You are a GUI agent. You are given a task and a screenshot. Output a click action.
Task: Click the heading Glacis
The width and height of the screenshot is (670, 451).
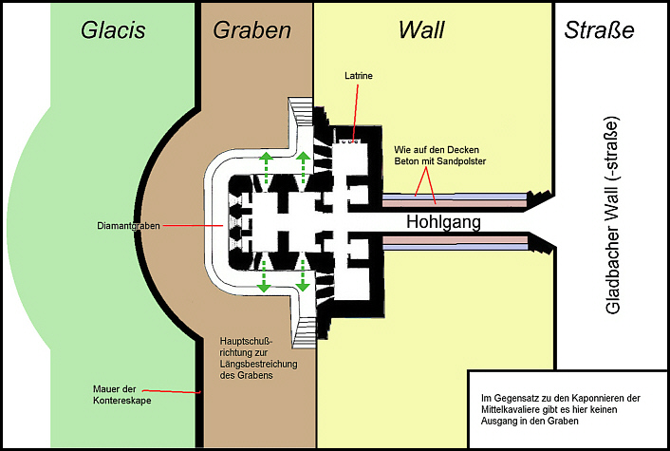pyautogui.click(x=114, y=30)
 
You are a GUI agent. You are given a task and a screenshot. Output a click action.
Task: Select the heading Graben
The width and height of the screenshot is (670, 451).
pyautogui.click(x=251, y=30)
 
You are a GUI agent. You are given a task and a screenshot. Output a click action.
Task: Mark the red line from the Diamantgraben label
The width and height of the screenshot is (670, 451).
pyautogui.click(x=190, y=226)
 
